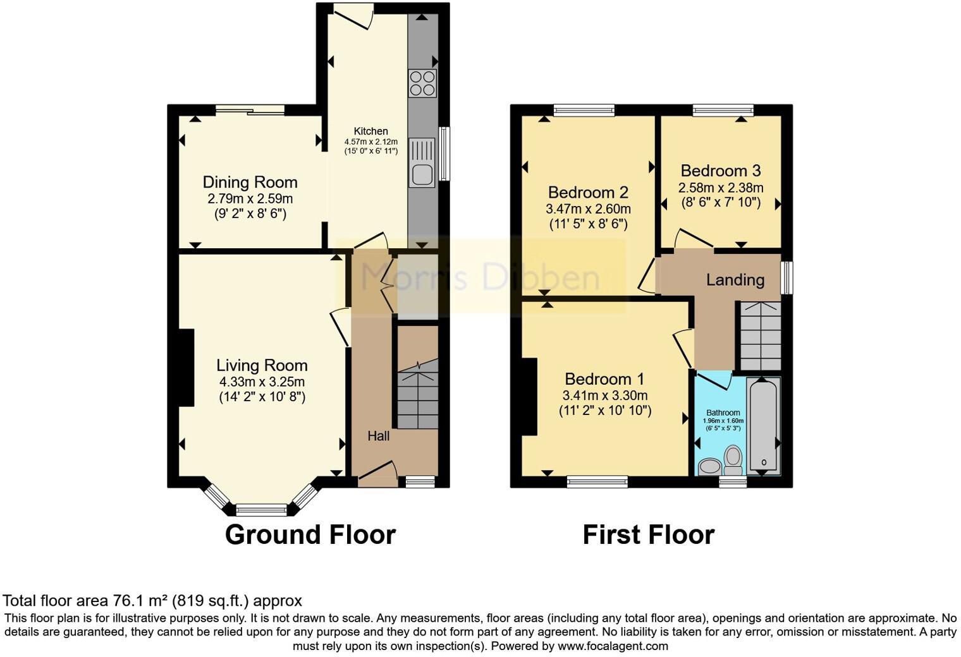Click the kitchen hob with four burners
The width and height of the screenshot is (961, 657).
pos(422,83)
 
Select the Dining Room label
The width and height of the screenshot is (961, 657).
pos(250,183)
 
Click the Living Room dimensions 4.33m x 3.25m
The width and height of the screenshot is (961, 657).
pos(262,382)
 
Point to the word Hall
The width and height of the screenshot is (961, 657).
pos(379,436)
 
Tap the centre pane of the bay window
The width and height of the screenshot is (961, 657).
pos(261,509)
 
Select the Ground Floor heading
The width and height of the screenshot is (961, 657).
pos(310,534)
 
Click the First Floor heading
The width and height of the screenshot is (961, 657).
pos(648,534)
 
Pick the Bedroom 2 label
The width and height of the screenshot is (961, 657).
pos(588,192)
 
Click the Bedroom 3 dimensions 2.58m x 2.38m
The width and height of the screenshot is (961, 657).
pos(721,188)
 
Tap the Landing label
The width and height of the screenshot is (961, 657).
pos(735,279)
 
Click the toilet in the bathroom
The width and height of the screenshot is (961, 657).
pos(733,459)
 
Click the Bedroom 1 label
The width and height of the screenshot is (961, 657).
pos(604,379)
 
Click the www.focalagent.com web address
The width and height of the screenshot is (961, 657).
pos(612,646)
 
